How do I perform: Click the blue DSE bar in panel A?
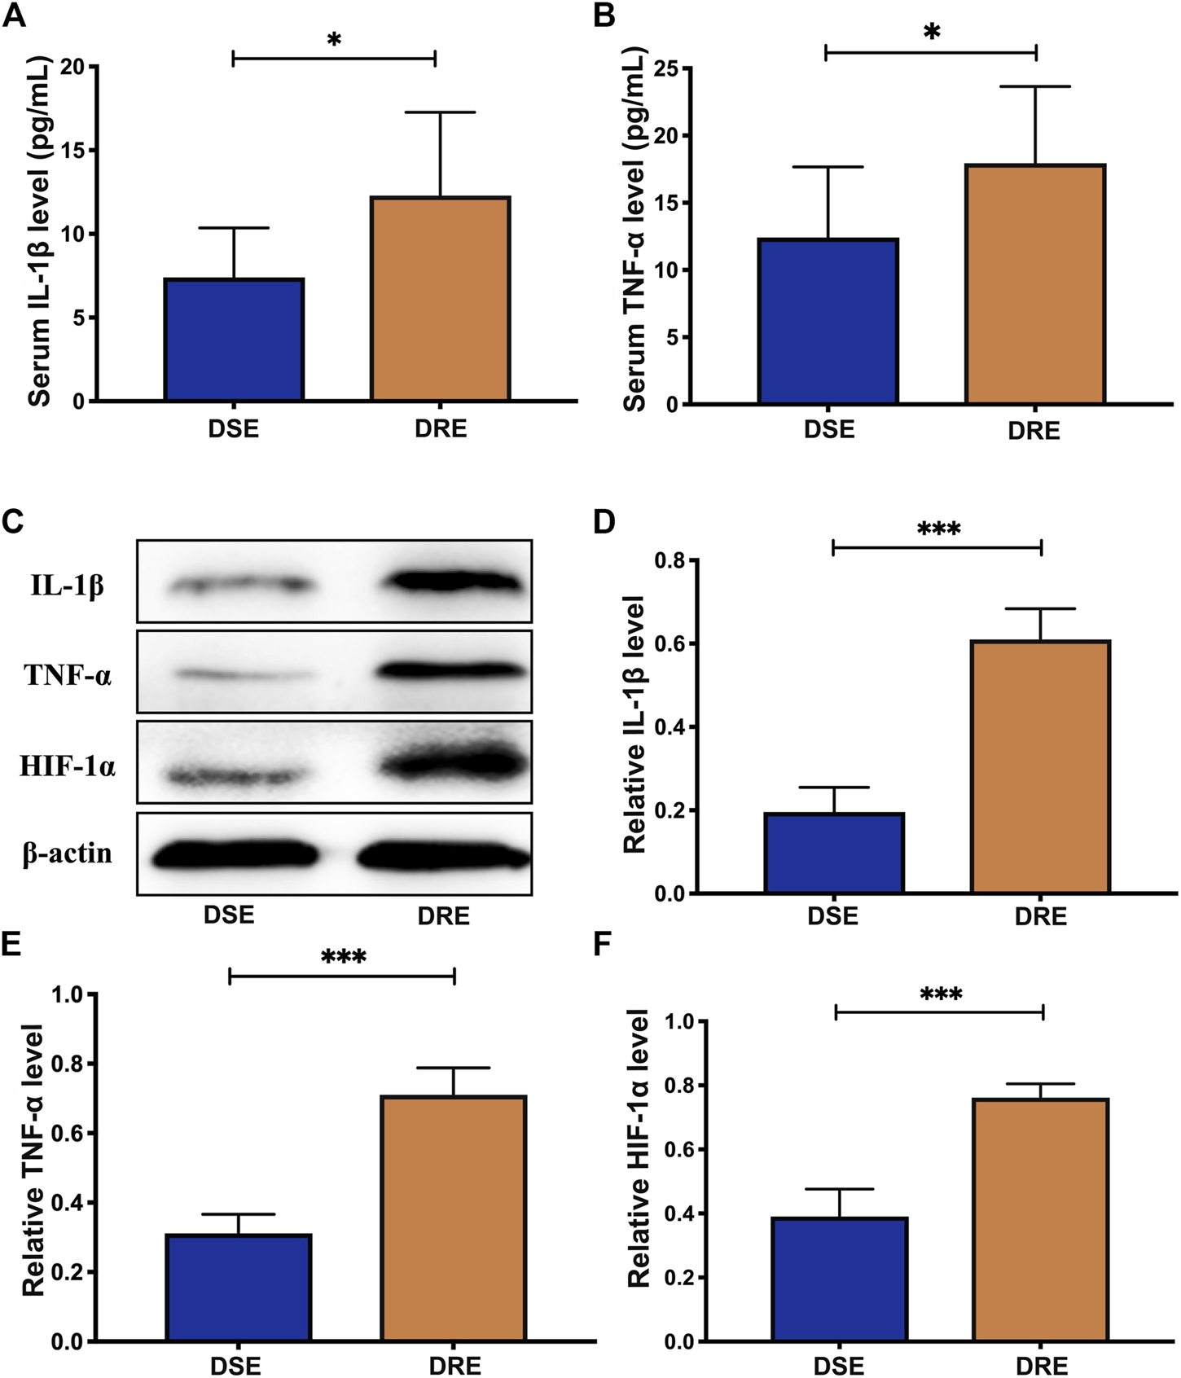[234, 340]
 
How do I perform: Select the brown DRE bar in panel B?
[1034, 284]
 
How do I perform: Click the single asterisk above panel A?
[334, 40]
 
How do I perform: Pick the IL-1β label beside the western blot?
[68, 585]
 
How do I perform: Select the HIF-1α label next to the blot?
[68, 766]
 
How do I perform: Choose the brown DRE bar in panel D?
[1040, 767]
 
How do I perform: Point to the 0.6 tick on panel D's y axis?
[670, 643]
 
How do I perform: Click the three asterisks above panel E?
[343, 956]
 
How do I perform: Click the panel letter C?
[12, 521]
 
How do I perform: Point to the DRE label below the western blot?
[443, 916]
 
